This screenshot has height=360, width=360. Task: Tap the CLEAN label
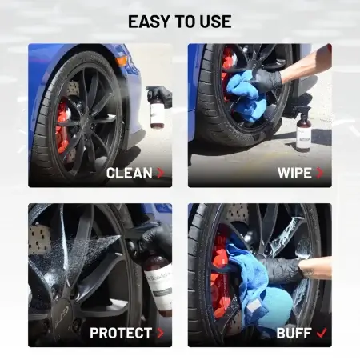[130, 173]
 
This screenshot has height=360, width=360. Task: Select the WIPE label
[294, 173]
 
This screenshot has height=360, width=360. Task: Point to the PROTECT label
[121, 333]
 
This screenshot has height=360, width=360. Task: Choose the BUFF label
[294, 333]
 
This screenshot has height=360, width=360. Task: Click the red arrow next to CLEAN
[161, 173]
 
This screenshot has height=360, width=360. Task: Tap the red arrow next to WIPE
[320, 173]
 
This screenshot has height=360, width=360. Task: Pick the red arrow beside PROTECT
[160, 333]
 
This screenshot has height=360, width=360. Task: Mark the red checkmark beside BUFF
[322, 333]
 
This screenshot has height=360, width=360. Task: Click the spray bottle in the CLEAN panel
[158, 110]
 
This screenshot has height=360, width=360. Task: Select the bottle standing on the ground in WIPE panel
[302, 130]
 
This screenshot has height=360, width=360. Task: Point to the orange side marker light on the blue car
[122, 61]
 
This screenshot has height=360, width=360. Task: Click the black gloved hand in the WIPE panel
[266, 80]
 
